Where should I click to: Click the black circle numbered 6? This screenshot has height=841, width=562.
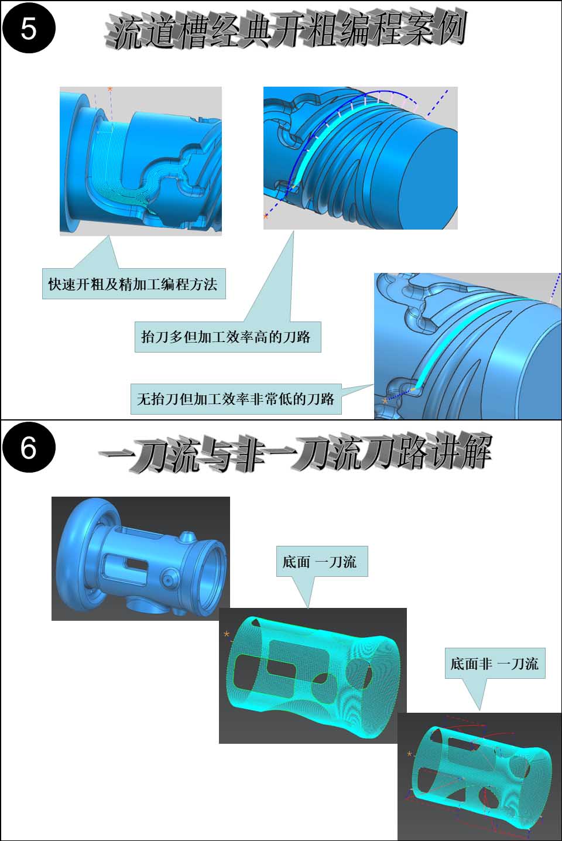tap(29, 448)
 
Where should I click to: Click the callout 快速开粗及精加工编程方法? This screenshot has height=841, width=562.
tap(133, 284)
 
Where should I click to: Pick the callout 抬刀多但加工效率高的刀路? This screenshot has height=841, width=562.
tap(228, 337)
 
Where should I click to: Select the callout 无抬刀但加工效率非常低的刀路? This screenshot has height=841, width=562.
tap(236, 399)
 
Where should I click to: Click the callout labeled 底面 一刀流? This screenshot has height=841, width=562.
tap(322, 561)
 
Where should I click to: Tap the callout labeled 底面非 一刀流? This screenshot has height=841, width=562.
tap(495, 664)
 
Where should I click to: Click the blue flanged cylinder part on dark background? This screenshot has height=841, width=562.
tap(141, 559)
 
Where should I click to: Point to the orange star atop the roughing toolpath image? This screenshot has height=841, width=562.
tap(110, 90)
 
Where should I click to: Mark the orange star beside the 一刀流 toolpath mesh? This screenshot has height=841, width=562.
tap(227, 634)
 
